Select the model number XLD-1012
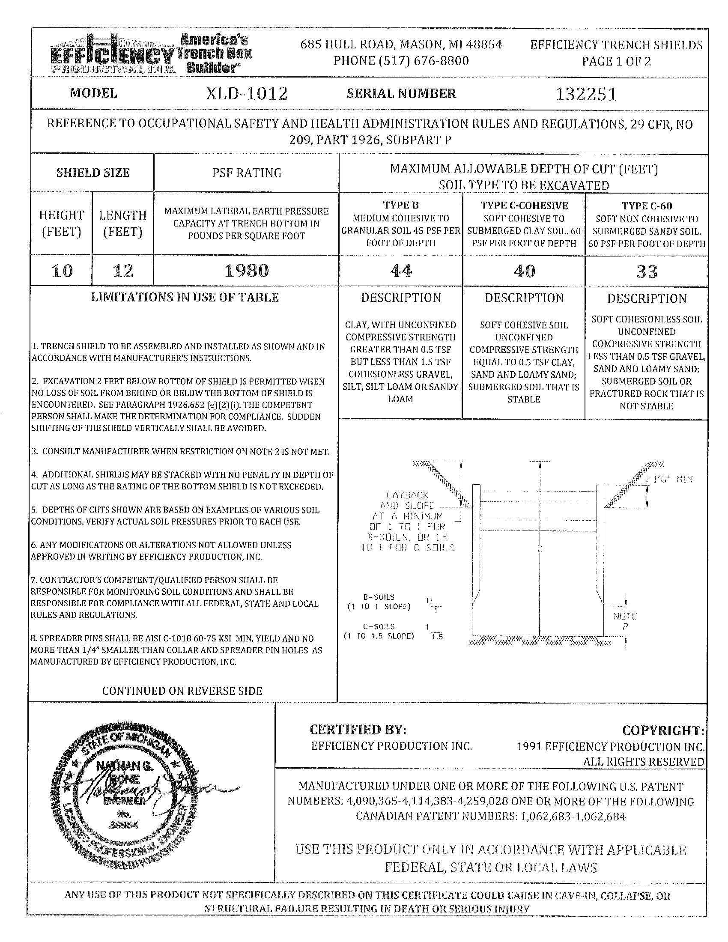[246, 94]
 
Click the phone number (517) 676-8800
[401, 60]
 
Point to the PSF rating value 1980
[247, 271]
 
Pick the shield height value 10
[62, 271]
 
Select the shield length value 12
[123, 271]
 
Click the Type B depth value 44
[401, 271]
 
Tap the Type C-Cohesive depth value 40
[524, 271]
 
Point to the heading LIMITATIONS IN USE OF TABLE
[185, 298]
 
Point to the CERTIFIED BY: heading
[358, 729]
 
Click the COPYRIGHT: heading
[663, 730]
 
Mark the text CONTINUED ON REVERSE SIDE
[182, 691]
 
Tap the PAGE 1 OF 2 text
[616, 61]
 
